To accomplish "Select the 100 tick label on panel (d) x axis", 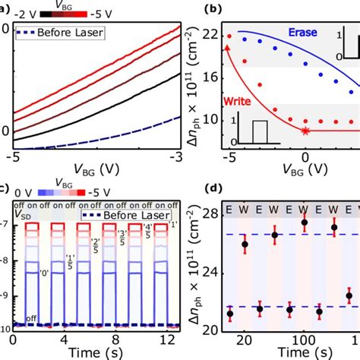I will tap(305, 337).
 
